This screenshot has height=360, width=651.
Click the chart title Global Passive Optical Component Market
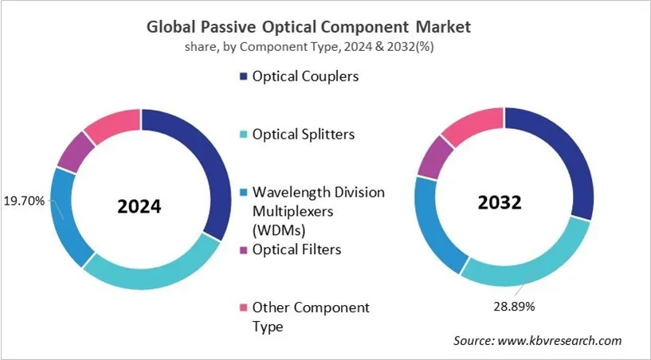tap(308, 26)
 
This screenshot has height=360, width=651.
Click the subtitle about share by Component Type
tap(308, 47)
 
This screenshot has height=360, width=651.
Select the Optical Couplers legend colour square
tap(242, 78)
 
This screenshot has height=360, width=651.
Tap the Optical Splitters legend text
tap(304, 135)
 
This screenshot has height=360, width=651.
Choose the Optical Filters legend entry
tap(296, 249)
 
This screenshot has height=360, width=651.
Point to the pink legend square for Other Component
tap(242, 307)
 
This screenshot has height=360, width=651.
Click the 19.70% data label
tap(25, 200)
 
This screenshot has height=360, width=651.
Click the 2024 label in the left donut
tap(139, 207)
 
